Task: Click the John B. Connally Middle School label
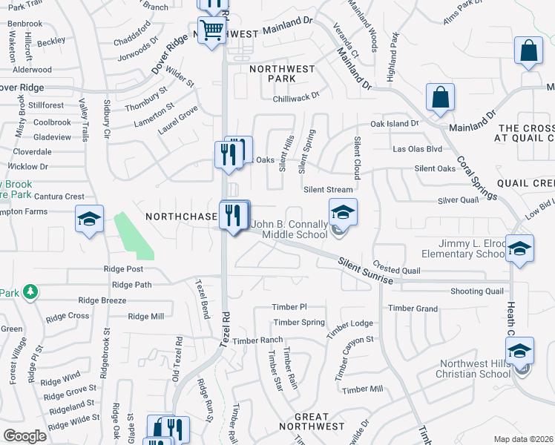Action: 289,229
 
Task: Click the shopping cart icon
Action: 212,30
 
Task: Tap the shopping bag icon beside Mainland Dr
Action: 440,97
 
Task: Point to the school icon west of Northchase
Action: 89,220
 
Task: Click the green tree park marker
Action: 30,292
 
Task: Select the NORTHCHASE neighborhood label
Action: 181,217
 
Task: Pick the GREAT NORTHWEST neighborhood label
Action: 312,421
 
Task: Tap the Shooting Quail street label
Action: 476,291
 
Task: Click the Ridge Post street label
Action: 124,269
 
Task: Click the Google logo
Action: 25,435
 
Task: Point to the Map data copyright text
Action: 524,439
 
